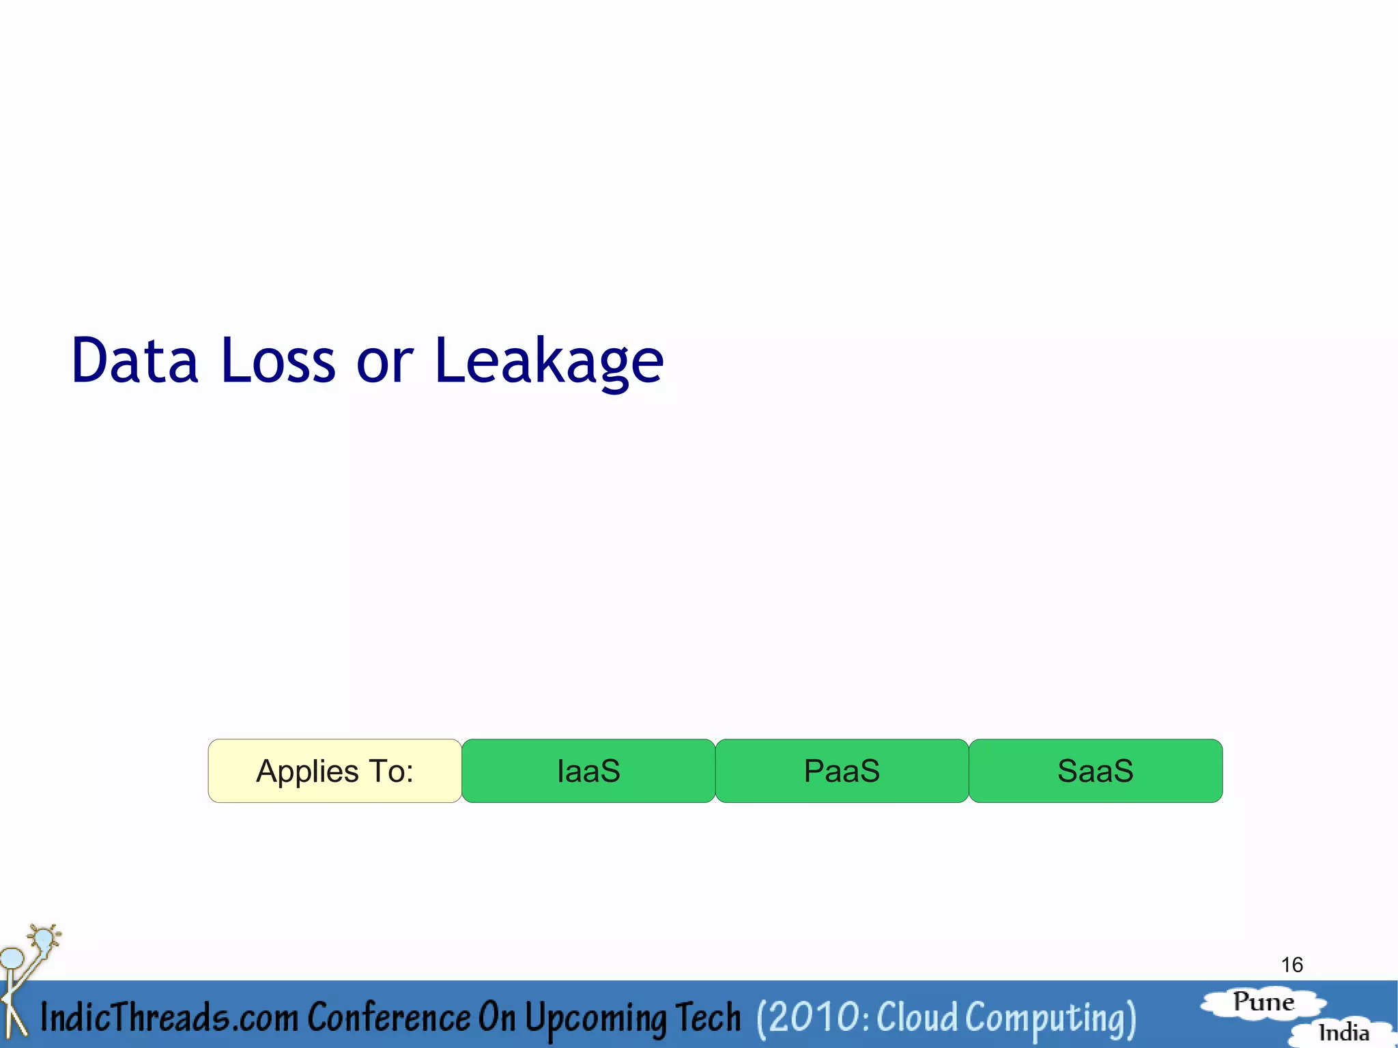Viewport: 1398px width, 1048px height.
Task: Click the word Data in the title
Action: [134, 360]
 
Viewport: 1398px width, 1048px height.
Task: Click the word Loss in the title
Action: [278, 360]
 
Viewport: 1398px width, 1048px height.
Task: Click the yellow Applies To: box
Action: [334, 771]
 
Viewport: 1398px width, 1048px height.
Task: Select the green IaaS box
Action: [588, 771]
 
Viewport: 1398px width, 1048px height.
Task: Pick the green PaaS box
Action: [842, 771]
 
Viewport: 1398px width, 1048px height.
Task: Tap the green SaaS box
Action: [1095, 771]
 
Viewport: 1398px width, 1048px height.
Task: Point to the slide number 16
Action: [1292, 965]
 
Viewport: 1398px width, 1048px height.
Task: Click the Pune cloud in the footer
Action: [1263, 1002]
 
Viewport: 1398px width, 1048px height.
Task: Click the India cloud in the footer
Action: [1343, 1032]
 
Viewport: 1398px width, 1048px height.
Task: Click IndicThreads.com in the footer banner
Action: [169, 1017]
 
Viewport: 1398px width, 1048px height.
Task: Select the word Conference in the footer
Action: [388, 1017]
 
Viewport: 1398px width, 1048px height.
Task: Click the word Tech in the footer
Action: [708, 1017]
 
